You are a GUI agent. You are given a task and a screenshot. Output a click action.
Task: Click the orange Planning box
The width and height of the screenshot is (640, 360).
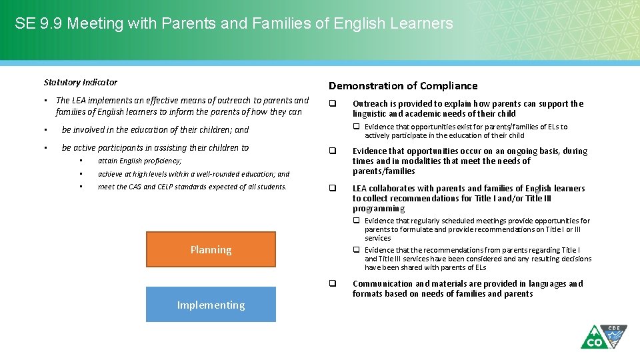tap(211, 249)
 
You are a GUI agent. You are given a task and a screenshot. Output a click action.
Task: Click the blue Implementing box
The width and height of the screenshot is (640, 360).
tap(211, 305)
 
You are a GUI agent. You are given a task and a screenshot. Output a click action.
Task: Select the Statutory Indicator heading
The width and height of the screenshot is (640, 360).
tap(80, 83)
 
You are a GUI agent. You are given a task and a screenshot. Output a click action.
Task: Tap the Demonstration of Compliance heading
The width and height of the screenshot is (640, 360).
tap(403, 85)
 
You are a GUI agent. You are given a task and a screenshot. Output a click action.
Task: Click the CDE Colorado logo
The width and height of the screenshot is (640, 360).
tap(603, 337)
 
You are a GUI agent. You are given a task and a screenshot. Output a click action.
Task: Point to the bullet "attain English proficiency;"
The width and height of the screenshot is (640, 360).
tap(139, 161)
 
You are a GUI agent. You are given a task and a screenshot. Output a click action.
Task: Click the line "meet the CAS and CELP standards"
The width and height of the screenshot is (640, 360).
tap(192, 187)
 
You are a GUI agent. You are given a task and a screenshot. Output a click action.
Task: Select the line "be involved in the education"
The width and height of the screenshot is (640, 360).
tap(155, 130)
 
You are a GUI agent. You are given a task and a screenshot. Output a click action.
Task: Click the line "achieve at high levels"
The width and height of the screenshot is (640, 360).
tap(193, 174)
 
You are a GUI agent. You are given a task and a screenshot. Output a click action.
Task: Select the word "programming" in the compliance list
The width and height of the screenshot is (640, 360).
tap(378, 209)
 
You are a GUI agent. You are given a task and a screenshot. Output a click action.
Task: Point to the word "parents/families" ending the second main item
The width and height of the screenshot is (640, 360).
tap(383, 171)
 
